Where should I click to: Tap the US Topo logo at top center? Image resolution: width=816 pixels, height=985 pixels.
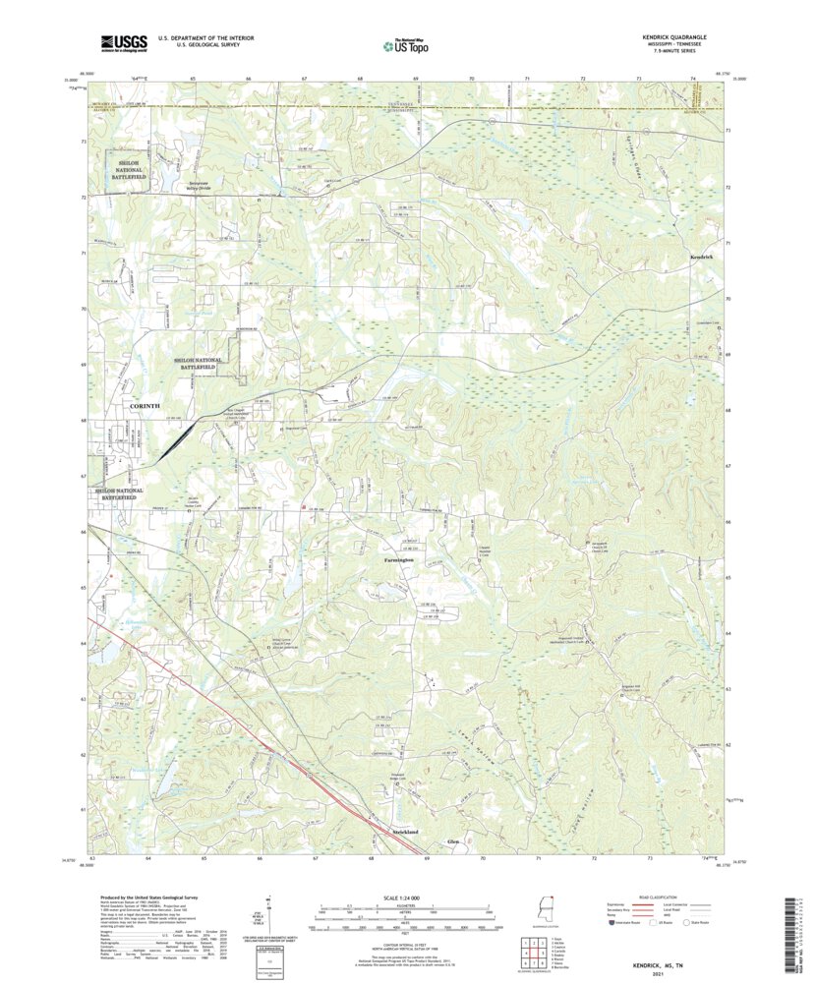click(x=405, y=43)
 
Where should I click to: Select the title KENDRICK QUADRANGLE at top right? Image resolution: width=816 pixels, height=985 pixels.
click(x=674, y=36)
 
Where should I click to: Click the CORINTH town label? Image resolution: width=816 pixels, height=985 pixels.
click(x=143, y=406)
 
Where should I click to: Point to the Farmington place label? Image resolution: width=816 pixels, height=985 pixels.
click(x=398, y=559)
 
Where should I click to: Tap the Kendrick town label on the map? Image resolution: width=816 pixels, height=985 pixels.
click(x=702, y=257)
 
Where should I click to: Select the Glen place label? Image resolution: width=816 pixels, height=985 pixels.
click(x=453, y=842)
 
